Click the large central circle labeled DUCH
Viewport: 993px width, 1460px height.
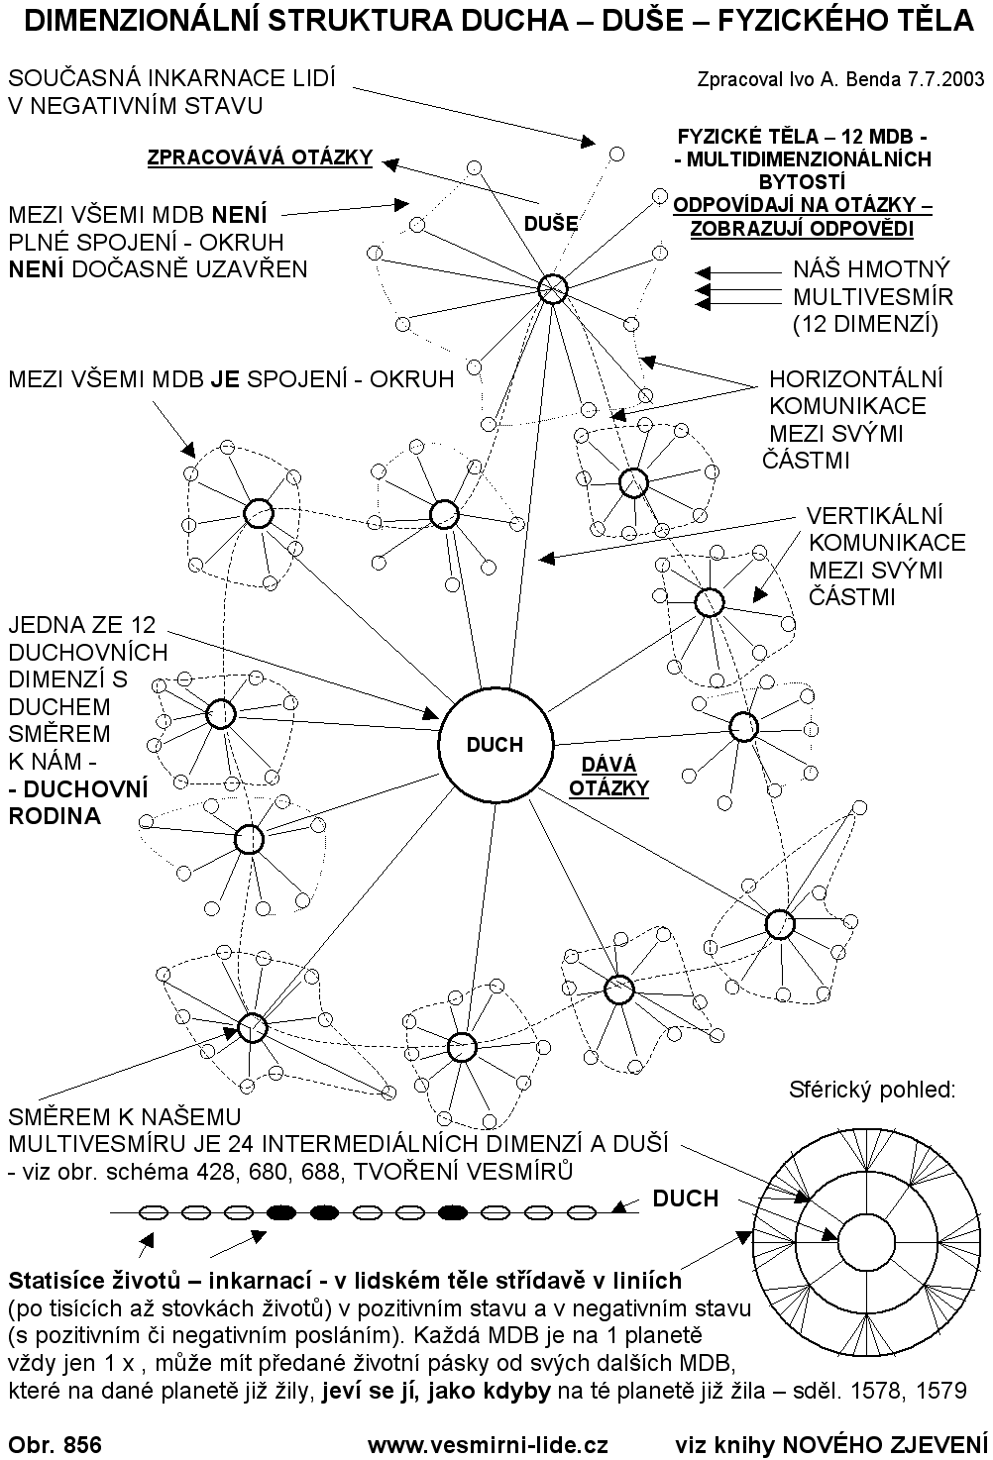(494, 744)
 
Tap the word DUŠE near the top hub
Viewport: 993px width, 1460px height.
(551, 224)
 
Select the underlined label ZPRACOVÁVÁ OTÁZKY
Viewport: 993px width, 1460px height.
(260, 157)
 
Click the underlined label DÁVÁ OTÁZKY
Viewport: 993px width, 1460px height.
(614, 777)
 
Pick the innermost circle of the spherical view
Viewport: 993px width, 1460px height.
(867, 1243)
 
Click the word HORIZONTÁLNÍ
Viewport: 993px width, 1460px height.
(856, 379)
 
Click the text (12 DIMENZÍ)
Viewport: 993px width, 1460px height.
(865, 323)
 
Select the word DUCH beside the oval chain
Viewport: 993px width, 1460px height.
(685, 1199)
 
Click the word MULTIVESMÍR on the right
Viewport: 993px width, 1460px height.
(873, 296)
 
